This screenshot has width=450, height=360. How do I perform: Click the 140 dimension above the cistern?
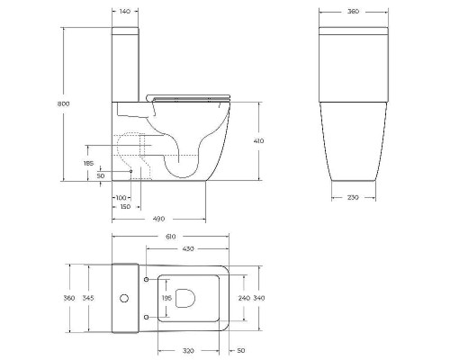click(x=126, y=11)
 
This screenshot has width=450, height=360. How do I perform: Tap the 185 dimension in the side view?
click(x=88, y=163)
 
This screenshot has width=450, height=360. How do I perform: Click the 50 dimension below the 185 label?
click(x=100, y=175)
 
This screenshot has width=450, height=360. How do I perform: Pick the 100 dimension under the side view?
click(x=120, y=197)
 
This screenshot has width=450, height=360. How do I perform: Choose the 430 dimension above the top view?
click(x=189, y=247)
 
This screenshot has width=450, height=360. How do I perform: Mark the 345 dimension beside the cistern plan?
click(x=88, y=298)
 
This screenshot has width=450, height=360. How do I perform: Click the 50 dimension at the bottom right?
click(x=241, y=350)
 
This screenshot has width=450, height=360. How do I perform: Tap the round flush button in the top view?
click(x=124, y=298)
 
